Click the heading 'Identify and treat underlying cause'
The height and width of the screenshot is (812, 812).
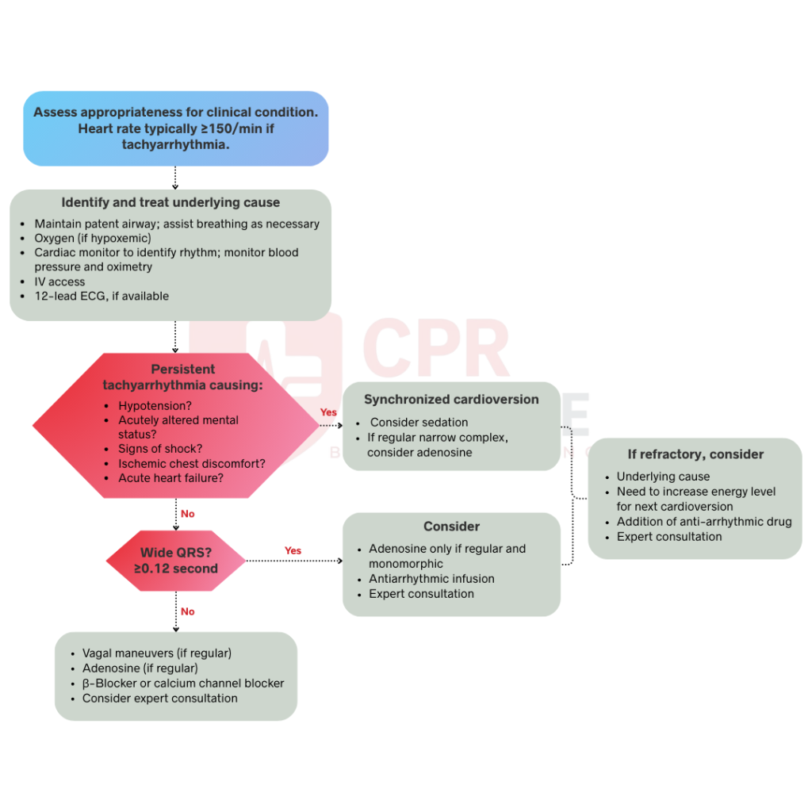[170, 202]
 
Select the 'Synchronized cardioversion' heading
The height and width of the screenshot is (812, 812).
[451, 400]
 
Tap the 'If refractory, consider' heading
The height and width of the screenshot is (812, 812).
[695, 454]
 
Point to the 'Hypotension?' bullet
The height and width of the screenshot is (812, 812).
[155, 405]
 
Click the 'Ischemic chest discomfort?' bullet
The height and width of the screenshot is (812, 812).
[192, 463]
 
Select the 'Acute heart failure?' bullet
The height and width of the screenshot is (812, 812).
[170, 477]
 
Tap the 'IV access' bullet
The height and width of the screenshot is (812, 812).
[59, 282]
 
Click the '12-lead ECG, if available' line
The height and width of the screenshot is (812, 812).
[101, 296]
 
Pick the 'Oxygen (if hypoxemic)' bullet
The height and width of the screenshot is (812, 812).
[92, 238]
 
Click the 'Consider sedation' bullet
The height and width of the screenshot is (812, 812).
[419, 423]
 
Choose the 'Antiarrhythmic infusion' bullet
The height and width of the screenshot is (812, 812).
[431, 579]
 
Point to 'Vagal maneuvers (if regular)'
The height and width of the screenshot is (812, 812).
[156, 653]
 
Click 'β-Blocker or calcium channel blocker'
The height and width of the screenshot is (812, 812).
[182, 683]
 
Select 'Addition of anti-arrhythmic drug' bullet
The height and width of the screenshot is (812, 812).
[704, 521]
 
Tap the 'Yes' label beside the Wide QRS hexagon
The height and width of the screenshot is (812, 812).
[293, 550]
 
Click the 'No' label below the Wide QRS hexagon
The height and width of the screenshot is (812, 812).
[187, 611]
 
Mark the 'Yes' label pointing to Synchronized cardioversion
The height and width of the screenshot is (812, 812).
[328, 412]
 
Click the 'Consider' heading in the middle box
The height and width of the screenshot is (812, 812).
[451, 527]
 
